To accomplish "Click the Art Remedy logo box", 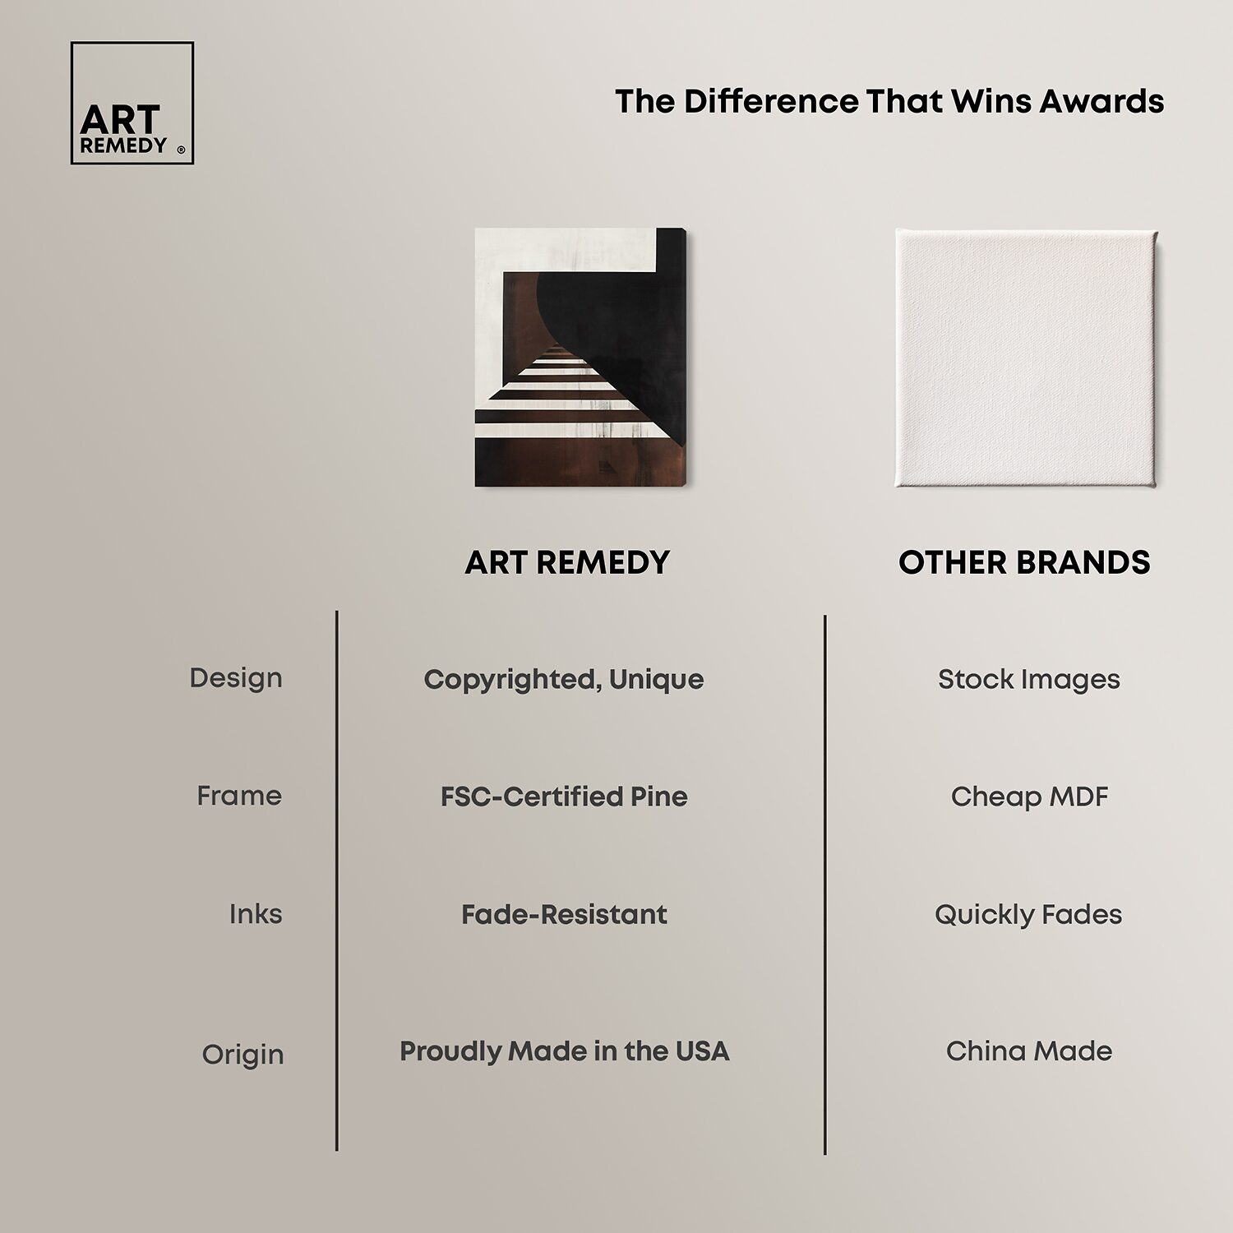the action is (132, 103).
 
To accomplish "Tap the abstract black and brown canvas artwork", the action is (580, 358).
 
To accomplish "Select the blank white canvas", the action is (1027, 358).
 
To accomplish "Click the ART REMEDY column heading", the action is (567, 562).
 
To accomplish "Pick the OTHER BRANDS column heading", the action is (1024, 562).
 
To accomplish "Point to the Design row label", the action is (236, 678).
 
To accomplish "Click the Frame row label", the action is (239, 796).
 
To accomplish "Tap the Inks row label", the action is (256, 914).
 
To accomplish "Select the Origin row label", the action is (243, 1055).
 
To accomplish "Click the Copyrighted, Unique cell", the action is (564, 680).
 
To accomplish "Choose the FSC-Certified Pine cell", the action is (564, 797).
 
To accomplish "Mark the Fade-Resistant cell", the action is (564, 914).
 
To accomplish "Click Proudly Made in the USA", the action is (564, 1051).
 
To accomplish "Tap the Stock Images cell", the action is (1029, 680).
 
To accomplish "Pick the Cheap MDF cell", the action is (1029, 797).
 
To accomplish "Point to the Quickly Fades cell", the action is (1028, 915).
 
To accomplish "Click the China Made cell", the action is (1029, 1051).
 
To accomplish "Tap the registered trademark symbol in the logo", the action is (181, 150).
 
